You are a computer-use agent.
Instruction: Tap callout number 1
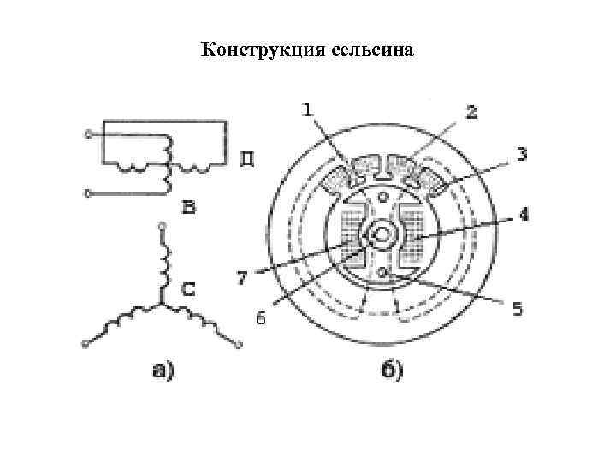[x=308, y=110]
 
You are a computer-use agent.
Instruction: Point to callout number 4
[x=524, y=216]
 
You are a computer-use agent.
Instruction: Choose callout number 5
[x=517, y=309]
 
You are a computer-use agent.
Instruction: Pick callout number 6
[x=262, y=318]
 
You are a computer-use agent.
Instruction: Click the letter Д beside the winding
[x=246, y=159]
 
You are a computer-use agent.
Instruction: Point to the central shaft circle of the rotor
[x=380, y=232]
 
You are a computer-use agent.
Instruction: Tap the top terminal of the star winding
[x=159, y=228]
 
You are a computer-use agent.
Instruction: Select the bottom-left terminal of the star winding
[x=85, y=345]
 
